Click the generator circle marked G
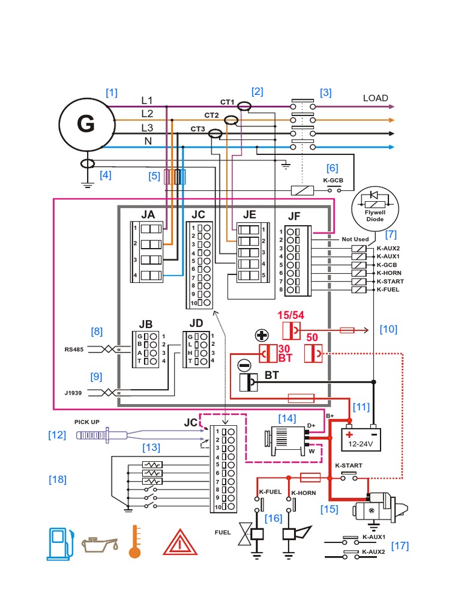(x=86, y=124)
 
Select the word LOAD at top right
(x=375, y=98)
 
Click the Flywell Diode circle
(x=375, y=206)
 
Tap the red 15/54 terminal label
(x=291, y=315)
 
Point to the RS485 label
(x=76, y=349)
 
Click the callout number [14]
(x=287, y=417)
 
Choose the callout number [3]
(x=325, y=92)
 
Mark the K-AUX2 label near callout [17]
(x=373, y=551)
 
